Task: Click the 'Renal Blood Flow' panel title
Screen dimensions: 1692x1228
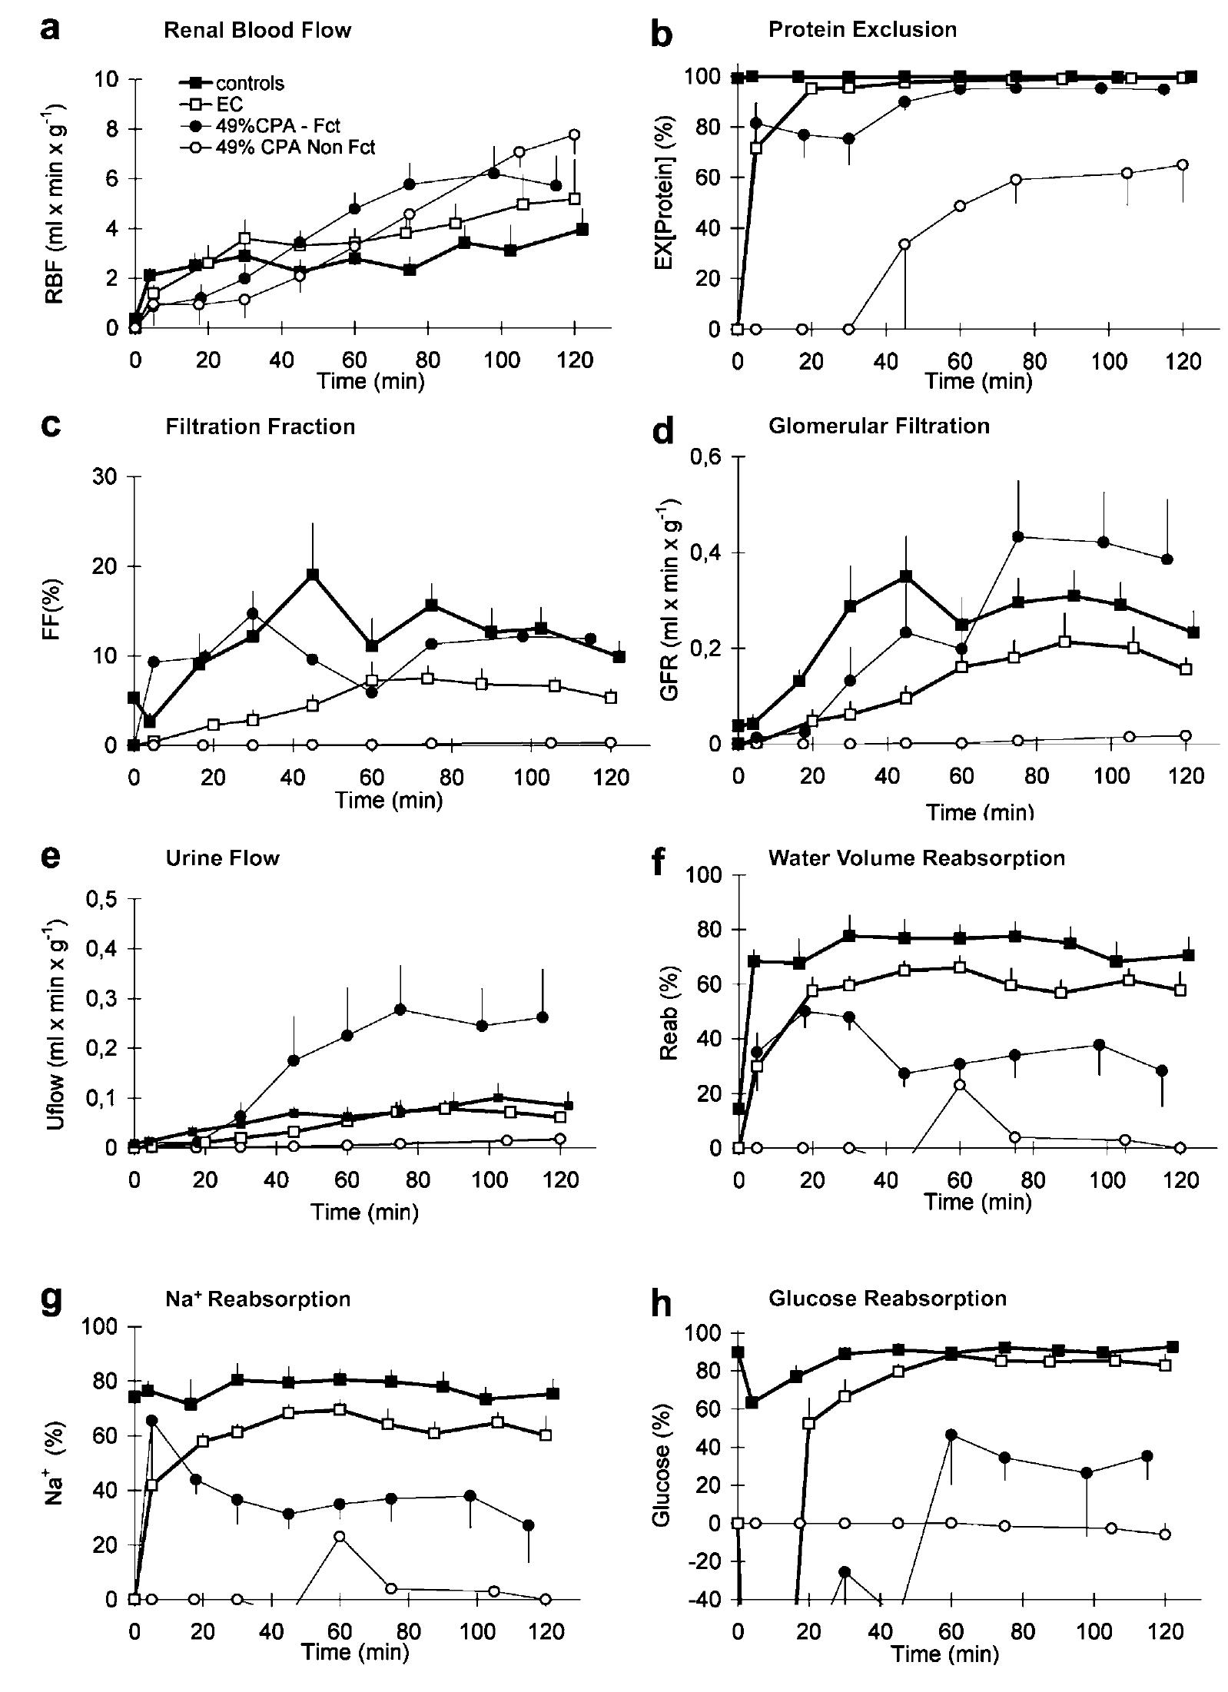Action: click(x=257, y=31)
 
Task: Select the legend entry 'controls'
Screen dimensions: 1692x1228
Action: click(x=249, y=83)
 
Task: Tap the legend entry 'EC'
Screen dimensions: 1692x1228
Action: click(x=229, y=105)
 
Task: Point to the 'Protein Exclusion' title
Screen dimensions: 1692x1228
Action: click(x=862, y=30)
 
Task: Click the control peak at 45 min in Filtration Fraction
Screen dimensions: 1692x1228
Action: click(x=312, y=574)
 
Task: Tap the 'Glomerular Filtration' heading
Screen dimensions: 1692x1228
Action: click(x=878, y=426)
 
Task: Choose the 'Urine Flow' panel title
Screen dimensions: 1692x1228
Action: click(x=222, y=858)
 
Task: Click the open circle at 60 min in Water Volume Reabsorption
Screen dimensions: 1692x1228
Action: click(x=959, y=1084)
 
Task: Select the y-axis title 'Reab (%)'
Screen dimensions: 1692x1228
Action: click(x=668, y=1011)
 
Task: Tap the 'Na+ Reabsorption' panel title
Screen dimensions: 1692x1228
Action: click(x=258, y=1299)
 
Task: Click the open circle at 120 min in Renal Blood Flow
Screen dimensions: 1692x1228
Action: click(x=573, y=135)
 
